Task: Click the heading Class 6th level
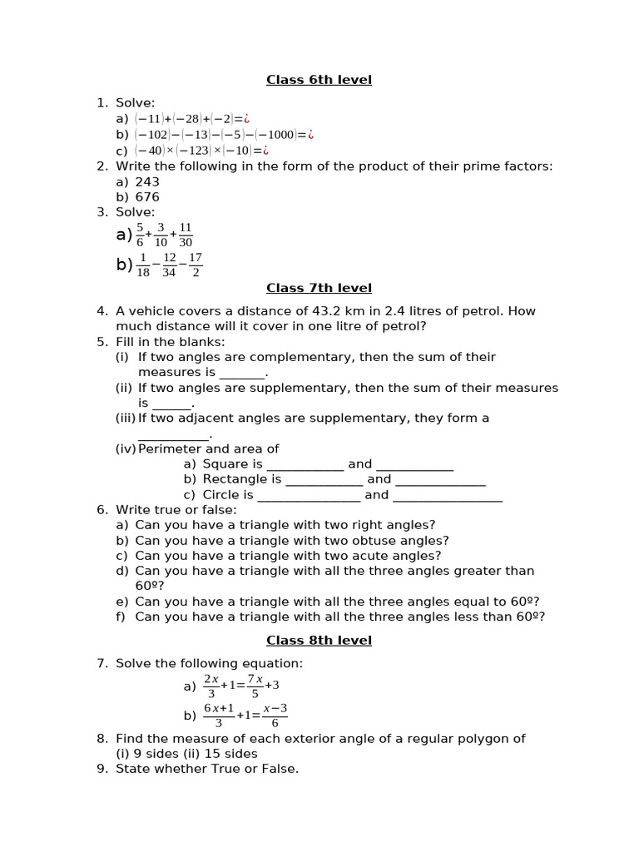[319, 80]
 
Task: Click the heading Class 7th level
[319, 288]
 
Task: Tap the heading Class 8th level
[319, 640]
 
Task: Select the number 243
[147, 181]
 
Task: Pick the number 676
[147, 197]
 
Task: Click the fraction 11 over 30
[186, 235]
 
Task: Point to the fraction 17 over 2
[196, 265]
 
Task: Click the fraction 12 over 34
[169, 265]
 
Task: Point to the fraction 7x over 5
[255, 686]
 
